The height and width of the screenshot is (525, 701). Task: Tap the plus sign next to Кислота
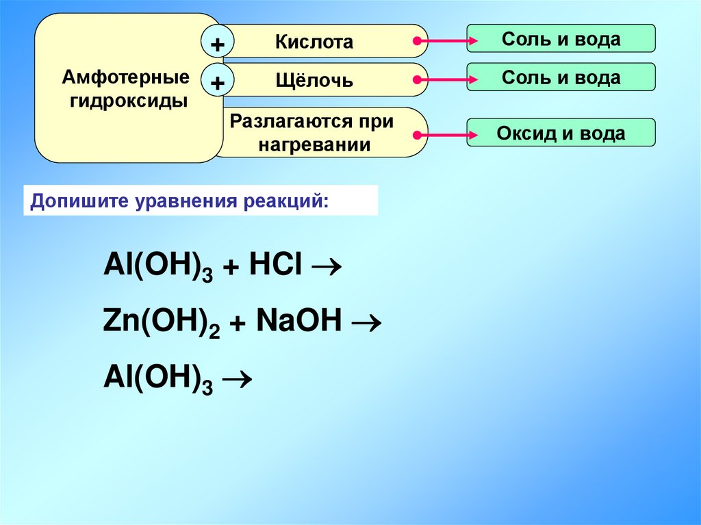coord(218,44)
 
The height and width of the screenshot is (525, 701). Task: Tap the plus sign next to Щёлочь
coord(218,83)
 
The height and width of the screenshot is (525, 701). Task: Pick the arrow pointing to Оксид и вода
coord(446,134)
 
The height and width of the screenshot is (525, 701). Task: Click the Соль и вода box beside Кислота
coord(561,39)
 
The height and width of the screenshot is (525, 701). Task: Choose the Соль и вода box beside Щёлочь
coord(561,77)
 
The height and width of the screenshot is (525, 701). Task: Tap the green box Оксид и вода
coord(561,133)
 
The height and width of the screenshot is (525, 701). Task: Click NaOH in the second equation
coord(299,320)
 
